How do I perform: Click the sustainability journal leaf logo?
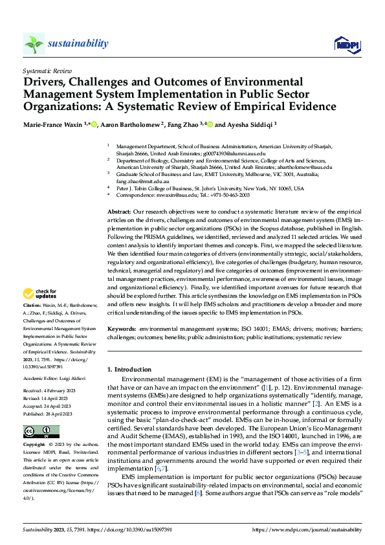(34, 43)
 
